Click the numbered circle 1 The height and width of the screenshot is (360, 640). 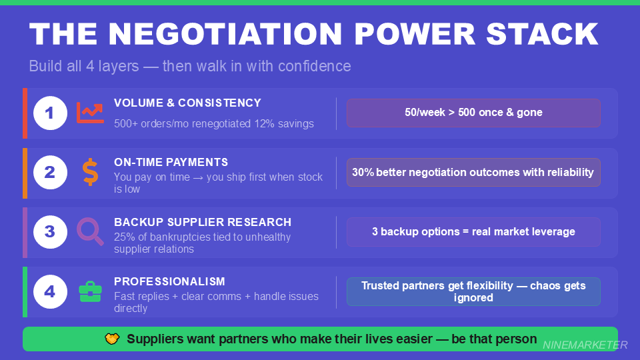click(x=50, y=113)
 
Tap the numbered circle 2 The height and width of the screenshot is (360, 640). click(x=50, y=173)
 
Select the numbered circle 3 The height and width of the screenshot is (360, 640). click(x=50, y=232)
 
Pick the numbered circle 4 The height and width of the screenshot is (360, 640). click(x=50, y=291)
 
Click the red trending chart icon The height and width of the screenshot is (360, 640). click(x=90, y=113)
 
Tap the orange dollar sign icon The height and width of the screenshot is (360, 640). click(x=90, y=172)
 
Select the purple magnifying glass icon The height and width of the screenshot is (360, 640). click(x=90, y=231)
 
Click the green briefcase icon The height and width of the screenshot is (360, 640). click(x=90, y=291)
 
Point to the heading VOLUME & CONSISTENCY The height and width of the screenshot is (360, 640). click(x=187, y=103)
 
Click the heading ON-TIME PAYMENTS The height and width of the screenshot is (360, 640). click(x=171, y=162)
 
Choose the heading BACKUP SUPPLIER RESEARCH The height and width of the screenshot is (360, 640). click(x=203, y=221)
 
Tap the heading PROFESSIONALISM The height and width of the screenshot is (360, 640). click(x=169, y=281)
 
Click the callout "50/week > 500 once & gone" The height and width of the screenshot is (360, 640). click(x=473, y=113)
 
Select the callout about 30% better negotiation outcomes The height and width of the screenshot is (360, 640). click(x=473, y=172)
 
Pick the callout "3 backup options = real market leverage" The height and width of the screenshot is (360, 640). click(x=473, y=232)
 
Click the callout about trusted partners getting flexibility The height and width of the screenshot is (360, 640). click(x=473, y=291)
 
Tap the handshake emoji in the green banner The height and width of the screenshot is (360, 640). click(x=112, y=339)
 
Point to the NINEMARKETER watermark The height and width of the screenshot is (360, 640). click(x=585, y=345)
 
